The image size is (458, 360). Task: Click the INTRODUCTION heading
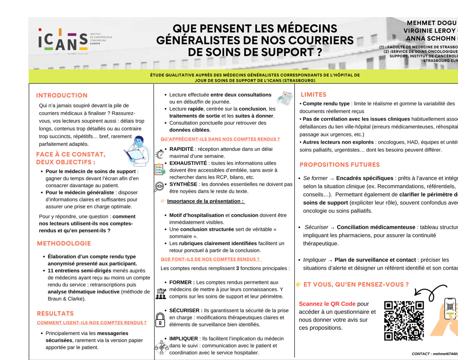click(62, 95)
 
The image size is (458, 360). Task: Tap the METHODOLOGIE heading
click(64, 243)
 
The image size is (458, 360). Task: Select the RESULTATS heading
click(55, 314)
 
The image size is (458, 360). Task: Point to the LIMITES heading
click(313, 95)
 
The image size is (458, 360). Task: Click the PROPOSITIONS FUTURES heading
click(340, 165)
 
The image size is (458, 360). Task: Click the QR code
click(404, 321)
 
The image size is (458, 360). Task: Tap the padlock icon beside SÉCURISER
click(160, 319)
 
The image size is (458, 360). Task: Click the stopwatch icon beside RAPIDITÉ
click(160, 154)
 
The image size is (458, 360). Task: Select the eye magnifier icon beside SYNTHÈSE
click(159, 186)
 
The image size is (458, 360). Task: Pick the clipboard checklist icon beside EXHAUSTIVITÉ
click(160, 169)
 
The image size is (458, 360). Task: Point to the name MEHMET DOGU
click(432, 23)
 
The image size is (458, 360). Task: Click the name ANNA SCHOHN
click(431, 39)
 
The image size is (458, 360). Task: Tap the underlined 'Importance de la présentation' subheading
click(205, 201)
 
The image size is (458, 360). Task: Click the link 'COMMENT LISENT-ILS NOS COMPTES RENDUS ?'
click(92, 323)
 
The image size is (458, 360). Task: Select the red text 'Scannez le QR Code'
click(327, 304)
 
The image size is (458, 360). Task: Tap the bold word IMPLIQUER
click(184, 339)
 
